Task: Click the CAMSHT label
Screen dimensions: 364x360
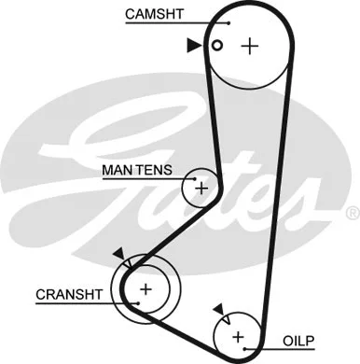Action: pyautogui.click(x=152, y=15)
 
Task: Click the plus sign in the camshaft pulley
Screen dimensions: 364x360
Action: pyautogui.click(x=249, y=46)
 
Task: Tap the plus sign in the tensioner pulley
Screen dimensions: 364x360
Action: pyautogui.click(x=201, y=188)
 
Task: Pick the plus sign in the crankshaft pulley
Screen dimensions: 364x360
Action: pyautogui.click(x=145, y=289)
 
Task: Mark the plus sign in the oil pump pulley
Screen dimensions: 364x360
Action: pyautogui.click(x=237, y=335)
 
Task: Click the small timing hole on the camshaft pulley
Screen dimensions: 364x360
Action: pyautogui.click(x=216, y=46)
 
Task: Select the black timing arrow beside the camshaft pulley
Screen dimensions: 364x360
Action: pyautogui.click(x=193, y=45)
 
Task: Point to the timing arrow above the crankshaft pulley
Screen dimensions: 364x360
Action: pyautogui.click(x=118, y=253)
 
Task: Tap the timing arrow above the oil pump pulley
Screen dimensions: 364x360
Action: pyautogui.click(x=218, y=308)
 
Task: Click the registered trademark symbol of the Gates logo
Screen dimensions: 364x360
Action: pyautogui.click(x=351, y=214)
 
